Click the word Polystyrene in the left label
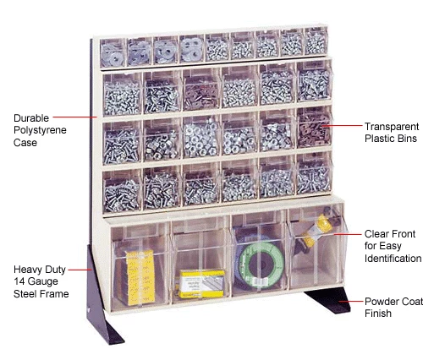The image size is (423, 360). [40, 130]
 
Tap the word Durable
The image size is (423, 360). [31, 118]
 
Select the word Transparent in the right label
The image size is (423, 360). [392, 127]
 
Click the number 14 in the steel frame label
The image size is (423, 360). [19, 281]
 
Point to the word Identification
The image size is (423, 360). [393, 259]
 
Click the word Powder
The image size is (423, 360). [379, 302]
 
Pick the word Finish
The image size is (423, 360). [378, 314]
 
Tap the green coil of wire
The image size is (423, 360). [261, 265]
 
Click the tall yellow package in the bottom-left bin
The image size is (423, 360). [140, 278]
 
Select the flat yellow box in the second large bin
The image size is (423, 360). [202, 284]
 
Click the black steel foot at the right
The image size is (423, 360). [329, 300]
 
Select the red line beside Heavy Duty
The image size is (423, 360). [80, 270]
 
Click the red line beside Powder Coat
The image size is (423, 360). [351, 302]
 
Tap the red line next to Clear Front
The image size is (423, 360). [348, 234]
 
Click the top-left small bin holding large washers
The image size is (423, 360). [113, 53]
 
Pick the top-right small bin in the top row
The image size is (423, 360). [316, 41]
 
